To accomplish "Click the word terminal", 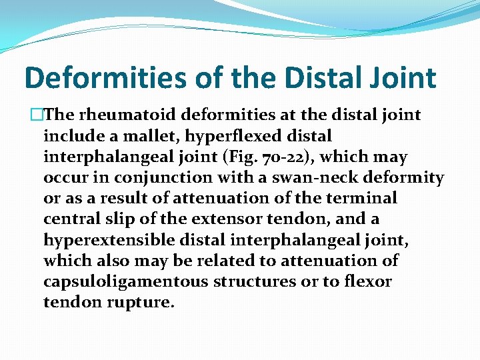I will pyautogui.click(x=364, y=198).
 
